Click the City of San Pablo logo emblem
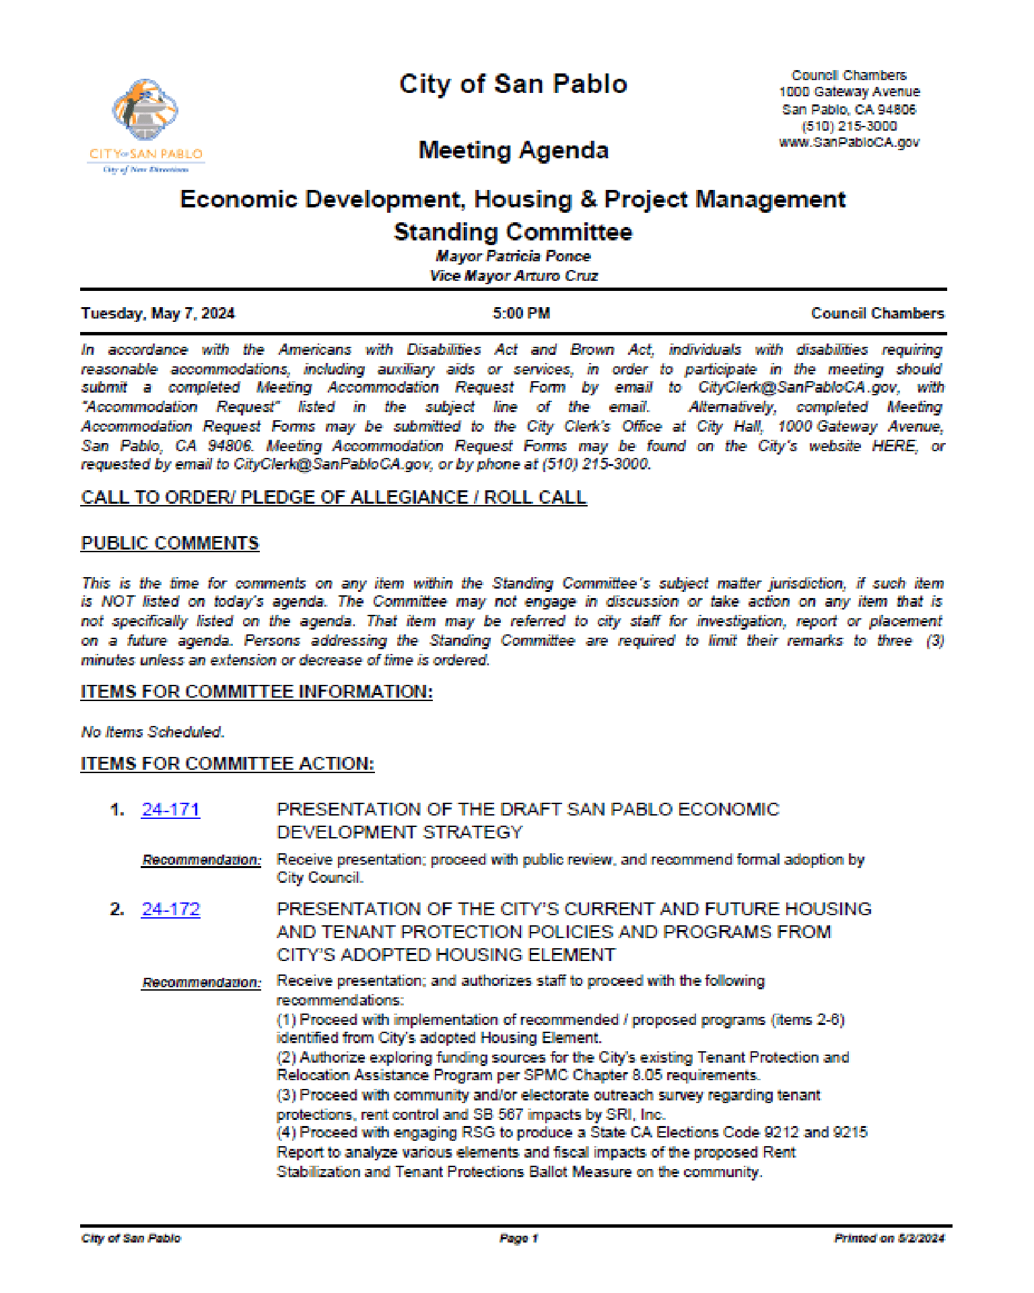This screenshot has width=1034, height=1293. point(145,110)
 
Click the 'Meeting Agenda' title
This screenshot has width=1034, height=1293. point(513,150)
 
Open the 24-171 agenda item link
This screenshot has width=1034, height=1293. point(170,809)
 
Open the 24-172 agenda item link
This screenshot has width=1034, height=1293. point(170,909)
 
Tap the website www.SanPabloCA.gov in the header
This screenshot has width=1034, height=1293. point(849,143)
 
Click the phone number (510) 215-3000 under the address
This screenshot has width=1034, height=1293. point(849,126)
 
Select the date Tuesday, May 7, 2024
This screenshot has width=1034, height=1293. point(158,314)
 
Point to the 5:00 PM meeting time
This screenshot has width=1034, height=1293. point(521,314)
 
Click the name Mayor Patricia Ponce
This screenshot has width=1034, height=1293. point(513,257)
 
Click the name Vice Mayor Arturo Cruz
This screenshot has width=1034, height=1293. point(513,276)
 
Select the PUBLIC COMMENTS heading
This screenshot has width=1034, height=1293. point(170,543)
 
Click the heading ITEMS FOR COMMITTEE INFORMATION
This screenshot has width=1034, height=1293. point(256,692)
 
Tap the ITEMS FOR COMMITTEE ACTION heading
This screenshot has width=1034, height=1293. point(227,764)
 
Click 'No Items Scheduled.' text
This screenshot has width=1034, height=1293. point(153,732)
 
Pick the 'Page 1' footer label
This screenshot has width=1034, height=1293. point(518,1238)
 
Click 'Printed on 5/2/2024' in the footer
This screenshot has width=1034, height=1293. point(889,1238)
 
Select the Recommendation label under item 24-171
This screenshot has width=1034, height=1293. point(201,860)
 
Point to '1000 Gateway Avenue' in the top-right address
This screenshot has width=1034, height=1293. point(849,92)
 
